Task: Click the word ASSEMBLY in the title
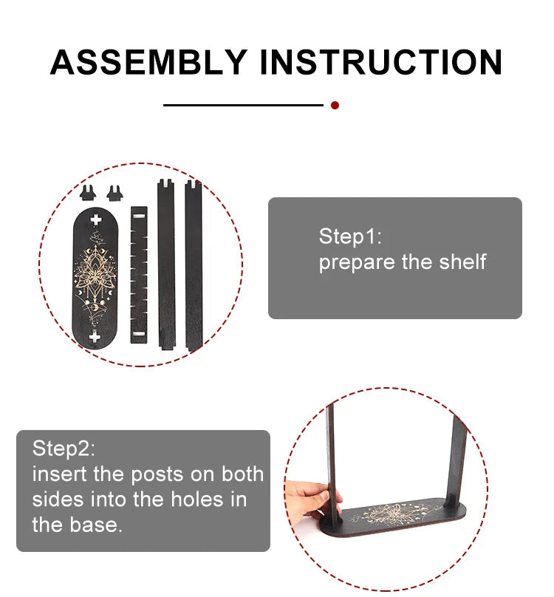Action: (149, 62)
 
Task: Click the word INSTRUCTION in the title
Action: (381, 62)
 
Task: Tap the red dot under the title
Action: (335, 106)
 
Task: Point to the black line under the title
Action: (243, 105)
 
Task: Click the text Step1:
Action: (350, 237)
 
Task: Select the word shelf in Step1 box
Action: (462, 262)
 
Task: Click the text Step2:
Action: (64, 448)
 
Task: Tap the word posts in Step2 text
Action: (157, 475)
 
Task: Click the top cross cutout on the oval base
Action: (96, 219)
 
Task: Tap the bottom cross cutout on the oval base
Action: (95, 336)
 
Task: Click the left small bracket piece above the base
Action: (88, 193)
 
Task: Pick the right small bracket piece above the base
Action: (114, 193)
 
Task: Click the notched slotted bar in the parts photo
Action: (139, 276)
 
